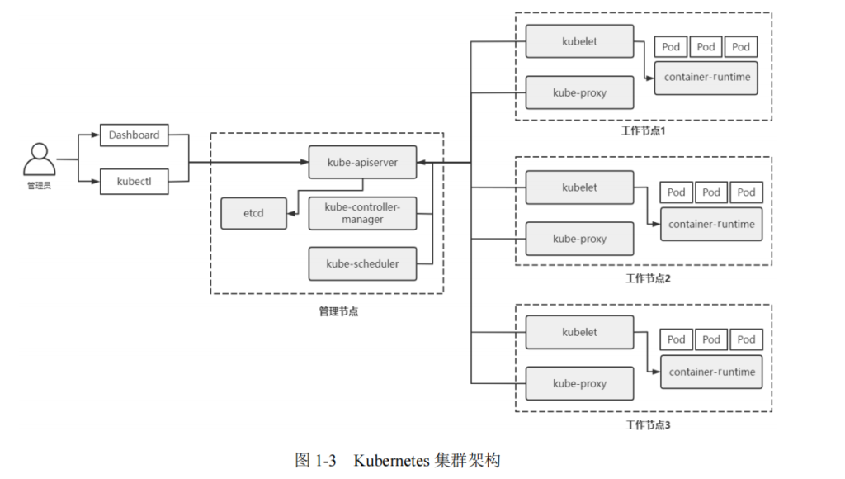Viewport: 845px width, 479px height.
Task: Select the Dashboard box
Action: pos(134,135)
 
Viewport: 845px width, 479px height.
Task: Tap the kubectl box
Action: pos(134,181)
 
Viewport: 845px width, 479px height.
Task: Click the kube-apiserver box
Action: pos(361,163)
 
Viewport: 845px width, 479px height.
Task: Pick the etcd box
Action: pos(253,213)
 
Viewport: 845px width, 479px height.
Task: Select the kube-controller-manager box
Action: pos(361,213)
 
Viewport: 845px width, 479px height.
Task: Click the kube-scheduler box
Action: pos(361,263)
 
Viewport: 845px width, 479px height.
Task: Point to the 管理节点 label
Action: pos(338,311)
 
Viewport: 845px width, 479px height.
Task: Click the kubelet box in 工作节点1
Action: pos(579,40)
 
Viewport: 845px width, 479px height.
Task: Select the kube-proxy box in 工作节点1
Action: pos(579,92)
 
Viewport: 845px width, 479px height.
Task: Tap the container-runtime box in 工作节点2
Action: pos(711,224)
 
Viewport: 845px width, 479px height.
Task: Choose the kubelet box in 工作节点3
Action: pos(579,332)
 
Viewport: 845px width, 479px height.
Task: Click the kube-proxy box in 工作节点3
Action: pos(579,384)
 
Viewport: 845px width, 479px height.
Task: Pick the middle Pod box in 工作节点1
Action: pos(706,47)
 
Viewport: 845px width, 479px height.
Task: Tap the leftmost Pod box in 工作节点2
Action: pos(677,192)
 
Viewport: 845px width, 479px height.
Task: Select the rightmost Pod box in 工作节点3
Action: pos(746,339)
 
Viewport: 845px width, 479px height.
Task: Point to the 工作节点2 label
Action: pos(648,278)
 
